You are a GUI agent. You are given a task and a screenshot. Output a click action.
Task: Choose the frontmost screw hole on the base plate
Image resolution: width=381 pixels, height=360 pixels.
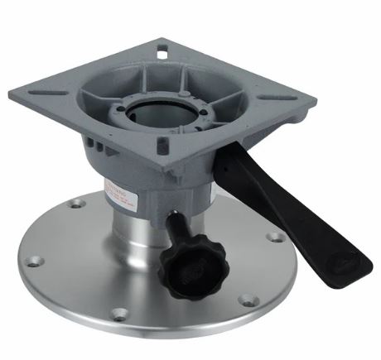pos(120,314)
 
